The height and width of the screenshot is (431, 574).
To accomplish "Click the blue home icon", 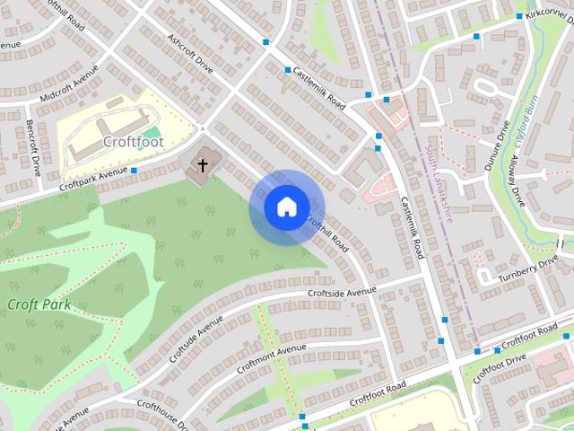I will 286,207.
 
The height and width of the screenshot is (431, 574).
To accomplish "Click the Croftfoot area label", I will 133,141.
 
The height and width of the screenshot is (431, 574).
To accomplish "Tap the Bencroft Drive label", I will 33,146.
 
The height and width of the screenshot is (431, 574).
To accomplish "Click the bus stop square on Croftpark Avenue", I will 134,170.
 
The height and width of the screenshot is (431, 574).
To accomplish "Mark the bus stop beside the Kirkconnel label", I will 519,16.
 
